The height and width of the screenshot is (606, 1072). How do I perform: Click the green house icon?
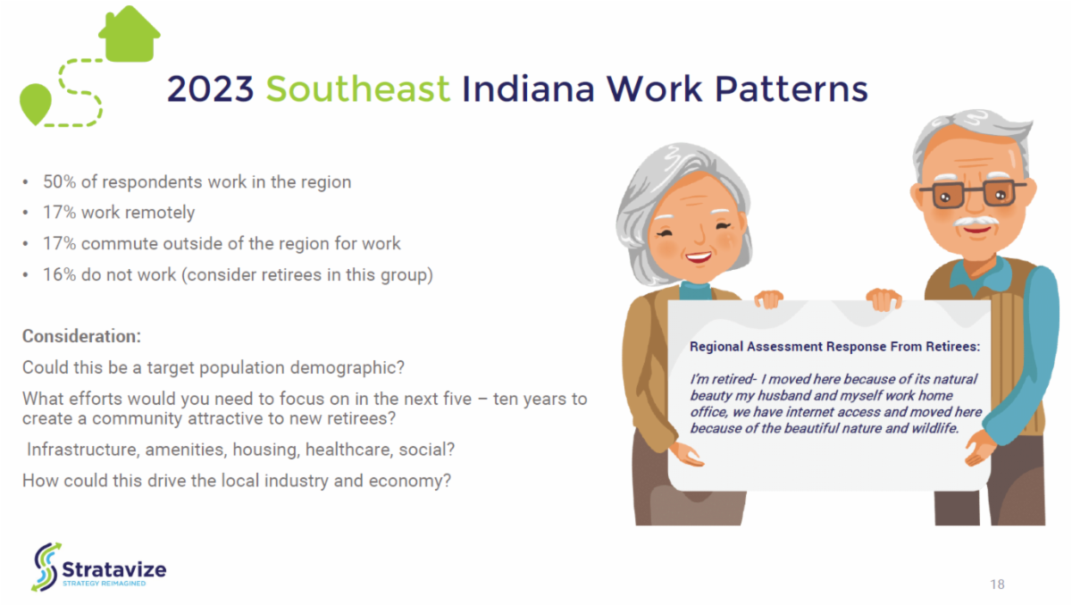(130, 35)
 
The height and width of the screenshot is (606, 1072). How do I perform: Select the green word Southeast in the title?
(358, 89)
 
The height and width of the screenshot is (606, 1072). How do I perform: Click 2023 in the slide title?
(210, 89)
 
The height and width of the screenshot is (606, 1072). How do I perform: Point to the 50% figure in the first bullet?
(59, 182)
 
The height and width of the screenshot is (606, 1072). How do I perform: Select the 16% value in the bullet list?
(59, 274)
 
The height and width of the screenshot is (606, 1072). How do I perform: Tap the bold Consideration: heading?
(82, 336)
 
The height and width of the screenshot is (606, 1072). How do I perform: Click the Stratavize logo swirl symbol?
(46, 568)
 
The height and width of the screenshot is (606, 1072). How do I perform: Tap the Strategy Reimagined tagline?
(104, 584)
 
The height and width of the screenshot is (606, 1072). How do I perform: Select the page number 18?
(997, 585)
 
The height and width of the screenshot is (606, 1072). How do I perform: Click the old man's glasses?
(973, 193)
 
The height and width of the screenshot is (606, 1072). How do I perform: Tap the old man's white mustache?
(976, 222)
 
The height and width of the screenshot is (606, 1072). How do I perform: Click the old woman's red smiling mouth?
(699, 257)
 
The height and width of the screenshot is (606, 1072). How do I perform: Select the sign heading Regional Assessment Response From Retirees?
(834, 347)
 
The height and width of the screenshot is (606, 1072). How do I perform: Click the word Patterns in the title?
(791, 89)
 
